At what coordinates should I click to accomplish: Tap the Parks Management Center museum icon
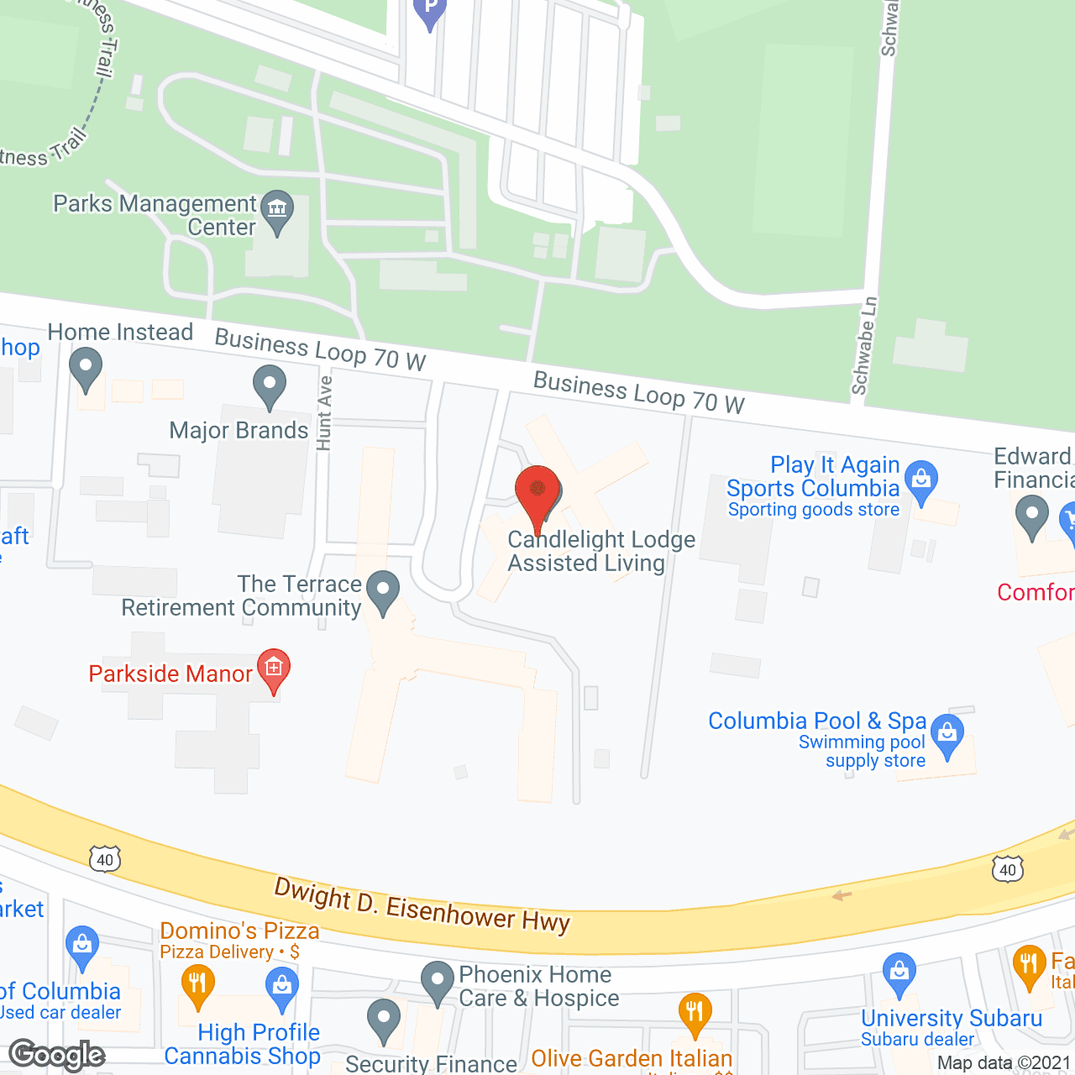(276, 209)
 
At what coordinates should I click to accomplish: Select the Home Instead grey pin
(86, 369)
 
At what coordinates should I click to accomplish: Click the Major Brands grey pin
(270, 385)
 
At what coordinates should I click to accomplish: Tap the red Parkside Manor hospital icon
(274, 669)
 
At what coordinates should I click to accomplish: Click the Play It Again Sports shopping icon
(921, 481)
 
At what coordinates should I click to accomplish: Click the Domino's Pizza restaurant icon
(197, 983)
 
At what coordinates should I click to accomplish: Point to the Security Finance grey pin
(384, 1019)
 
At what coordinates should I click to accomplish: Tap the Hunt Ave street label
(324, 412)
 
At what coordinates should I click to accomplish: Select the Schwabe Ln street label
(864, 345)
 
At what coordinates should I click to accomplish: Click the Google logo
(57, 1055)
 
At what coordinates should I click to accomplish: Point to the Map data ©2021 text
(1004, 1063)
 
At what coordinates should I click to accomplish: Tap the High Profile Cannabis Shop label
(243, 1044)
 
